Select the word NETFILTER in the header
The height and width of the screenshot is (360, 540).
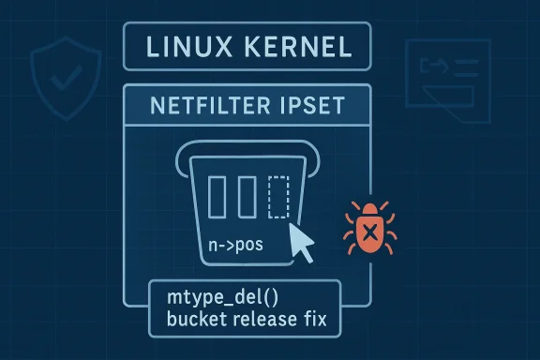(202, 106)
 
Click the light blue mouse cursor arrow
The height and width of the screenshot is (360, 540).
(302, 239)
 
